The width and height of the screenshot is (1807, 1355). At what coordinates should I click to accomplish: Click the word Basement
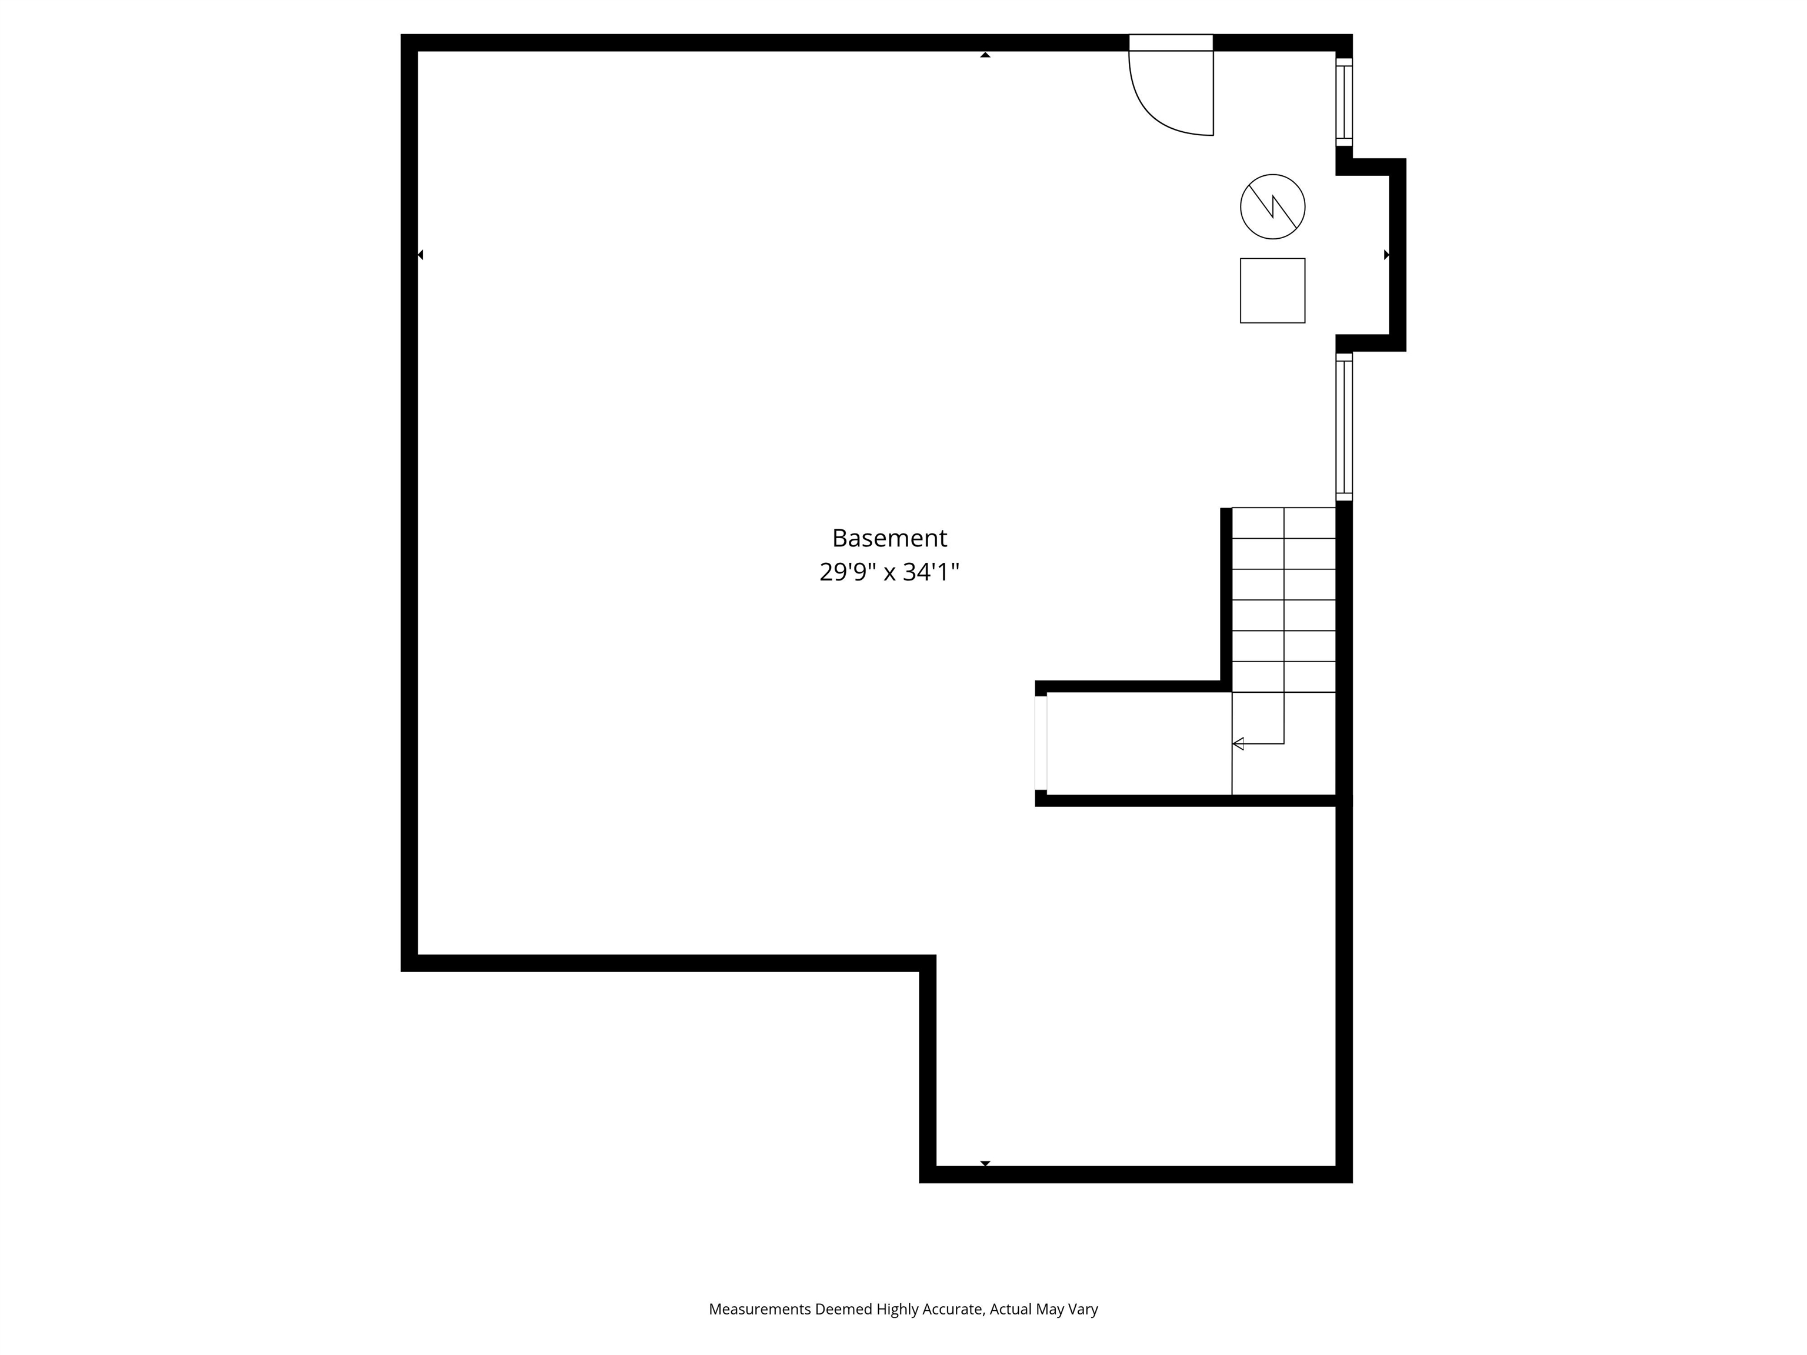pos(889,538)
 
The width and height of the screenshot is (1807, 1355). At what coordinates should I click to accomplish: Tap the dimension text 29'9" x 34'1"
pos(889,572)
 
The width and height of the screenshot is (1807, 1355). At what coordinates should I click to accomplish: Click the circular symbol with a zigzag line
pos(1272,206)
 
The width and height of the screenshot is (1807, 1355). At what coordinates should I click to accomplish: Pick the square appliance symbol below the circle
pos(1272,291)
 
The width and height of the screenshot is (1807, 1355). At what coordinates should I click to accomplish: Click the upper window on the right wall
pos(1344,102)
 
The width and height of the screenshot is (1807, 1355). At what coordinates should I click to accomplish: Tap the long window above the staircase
pos(1344,426)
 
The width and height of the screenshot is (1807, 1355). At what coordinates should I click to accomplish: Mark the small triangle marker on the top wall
pos(985,55)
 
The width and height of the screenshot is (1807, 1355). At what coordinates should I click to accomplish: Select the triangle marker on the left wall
pos(420,255)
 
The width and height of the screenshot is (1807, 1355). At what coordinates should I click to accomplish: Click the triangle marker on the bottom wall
pos(985,1163)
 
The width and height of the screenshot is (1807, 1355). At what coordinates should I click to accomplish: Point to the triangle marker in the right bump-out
pos(1386,255)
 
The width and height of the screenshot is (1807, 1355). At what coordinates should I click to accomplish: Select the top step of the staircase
pos(1283,523)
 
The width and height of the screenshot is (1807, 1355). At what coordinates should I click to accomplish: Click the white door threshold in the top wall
pos(1171,42)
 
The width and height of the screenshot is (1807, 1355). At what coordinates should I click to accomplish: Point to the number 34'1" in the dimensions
pos(931,572)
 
